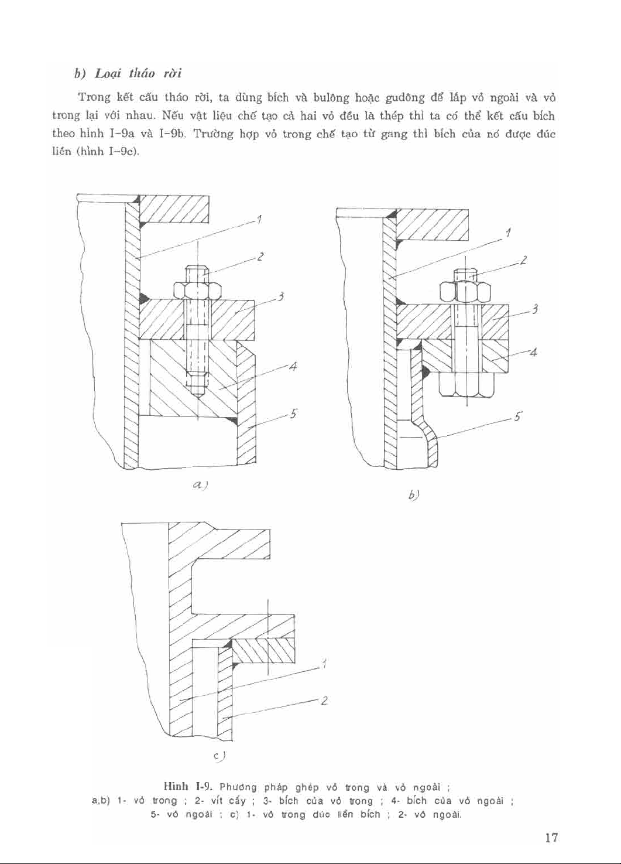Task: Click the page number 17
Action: tap(550, 838)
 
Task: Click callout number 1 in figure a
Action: tap(258, 220)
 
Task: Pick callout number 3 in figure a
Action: tap(281, 297)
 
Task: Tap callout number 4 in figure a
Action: tap(293, 367)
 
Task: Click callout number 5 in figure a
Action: tap(294, 414)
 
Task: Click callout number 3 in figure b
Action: tap(535, 310)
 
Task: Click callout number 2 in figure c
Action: tap(324, 700)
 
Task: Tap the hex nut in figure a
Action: tap(197, 291)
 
